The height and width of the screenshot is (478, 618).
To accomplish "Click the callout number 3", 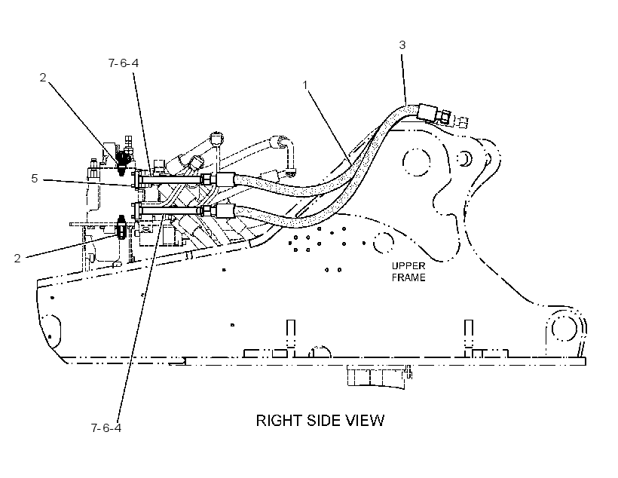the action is point(402,45).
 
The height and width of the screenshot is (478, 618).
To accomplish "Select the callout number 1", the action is point(305,85).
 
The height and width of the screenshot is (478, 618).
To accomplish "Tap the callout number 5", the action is point(35,179).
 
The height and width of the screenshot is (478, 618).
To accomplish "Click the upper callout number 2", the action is point(43,78).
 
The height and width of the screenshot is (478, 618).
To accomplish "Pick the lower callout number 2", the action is point(17,259).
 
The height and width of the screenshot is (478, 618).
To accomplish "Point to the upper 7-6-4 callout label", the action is point(124,63).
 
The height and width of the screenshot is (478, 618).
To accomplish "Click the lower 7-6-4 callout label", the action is point(106,428).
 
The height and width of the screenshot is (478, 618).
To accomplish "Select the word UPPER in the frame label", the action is point(408,266).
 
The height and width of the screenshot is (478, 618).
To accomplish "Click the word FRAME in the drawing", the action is point(408,277).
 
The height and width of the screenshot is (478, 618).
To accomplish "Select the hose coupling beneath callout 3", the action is point(427,112).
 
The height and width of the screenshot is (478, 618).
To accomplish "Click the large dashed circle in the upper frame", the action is point(416,162).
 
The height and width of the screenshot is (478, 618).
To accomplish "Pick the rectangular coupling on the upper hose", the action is point(225,180).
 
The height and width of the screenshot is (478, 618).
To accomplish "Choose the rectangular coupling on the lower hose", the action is point(225,210).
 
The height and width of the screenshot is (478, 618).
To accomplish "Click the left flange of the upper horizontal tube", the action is point(138,180).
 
